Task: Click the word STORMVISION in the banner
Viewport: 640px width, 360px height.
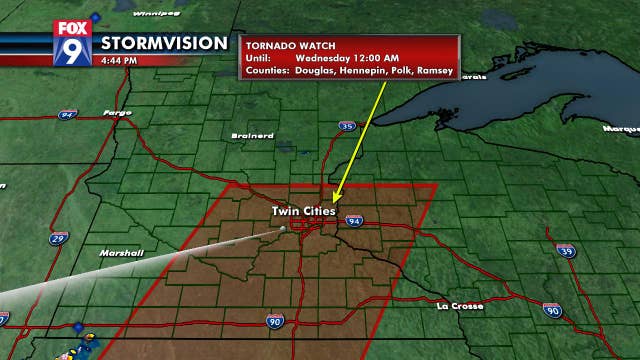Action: point(163,44)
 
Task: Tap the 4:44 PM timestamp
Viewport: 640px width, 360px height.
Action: point(119,60)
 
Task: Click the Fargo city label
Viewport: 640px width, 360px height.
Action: point(118,112)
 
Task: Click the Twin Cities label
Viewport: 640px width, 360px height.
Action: point(303,211)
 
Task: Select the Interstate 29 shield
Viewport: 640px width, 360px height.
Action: point(61,238)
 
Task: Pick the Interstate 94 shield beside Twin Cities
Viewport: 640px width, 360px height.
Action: point(353,220)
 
